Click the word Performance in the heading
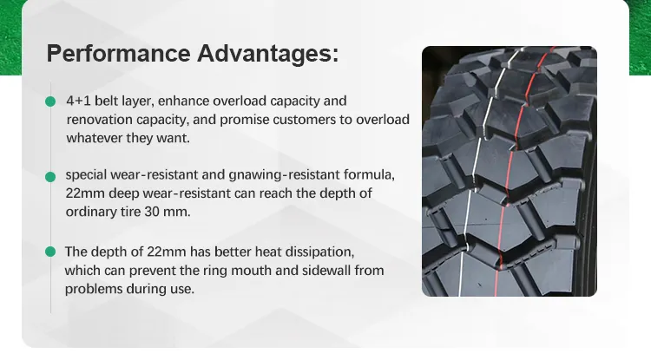(118, 54)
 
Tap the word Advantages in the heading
(268, 54)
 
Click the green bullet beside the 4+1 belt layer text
(50, 101)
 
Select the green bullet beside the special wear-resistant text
(50, 177)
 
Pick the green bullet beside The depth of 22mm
(50, 252)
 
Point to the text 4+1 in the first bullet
(78, 101)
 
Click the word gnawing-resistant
(284, 175)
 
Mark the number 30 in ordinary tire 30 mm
(152, 212)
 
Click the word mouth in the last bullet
(251, 271)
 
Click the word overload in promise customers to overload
(383, 120)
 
